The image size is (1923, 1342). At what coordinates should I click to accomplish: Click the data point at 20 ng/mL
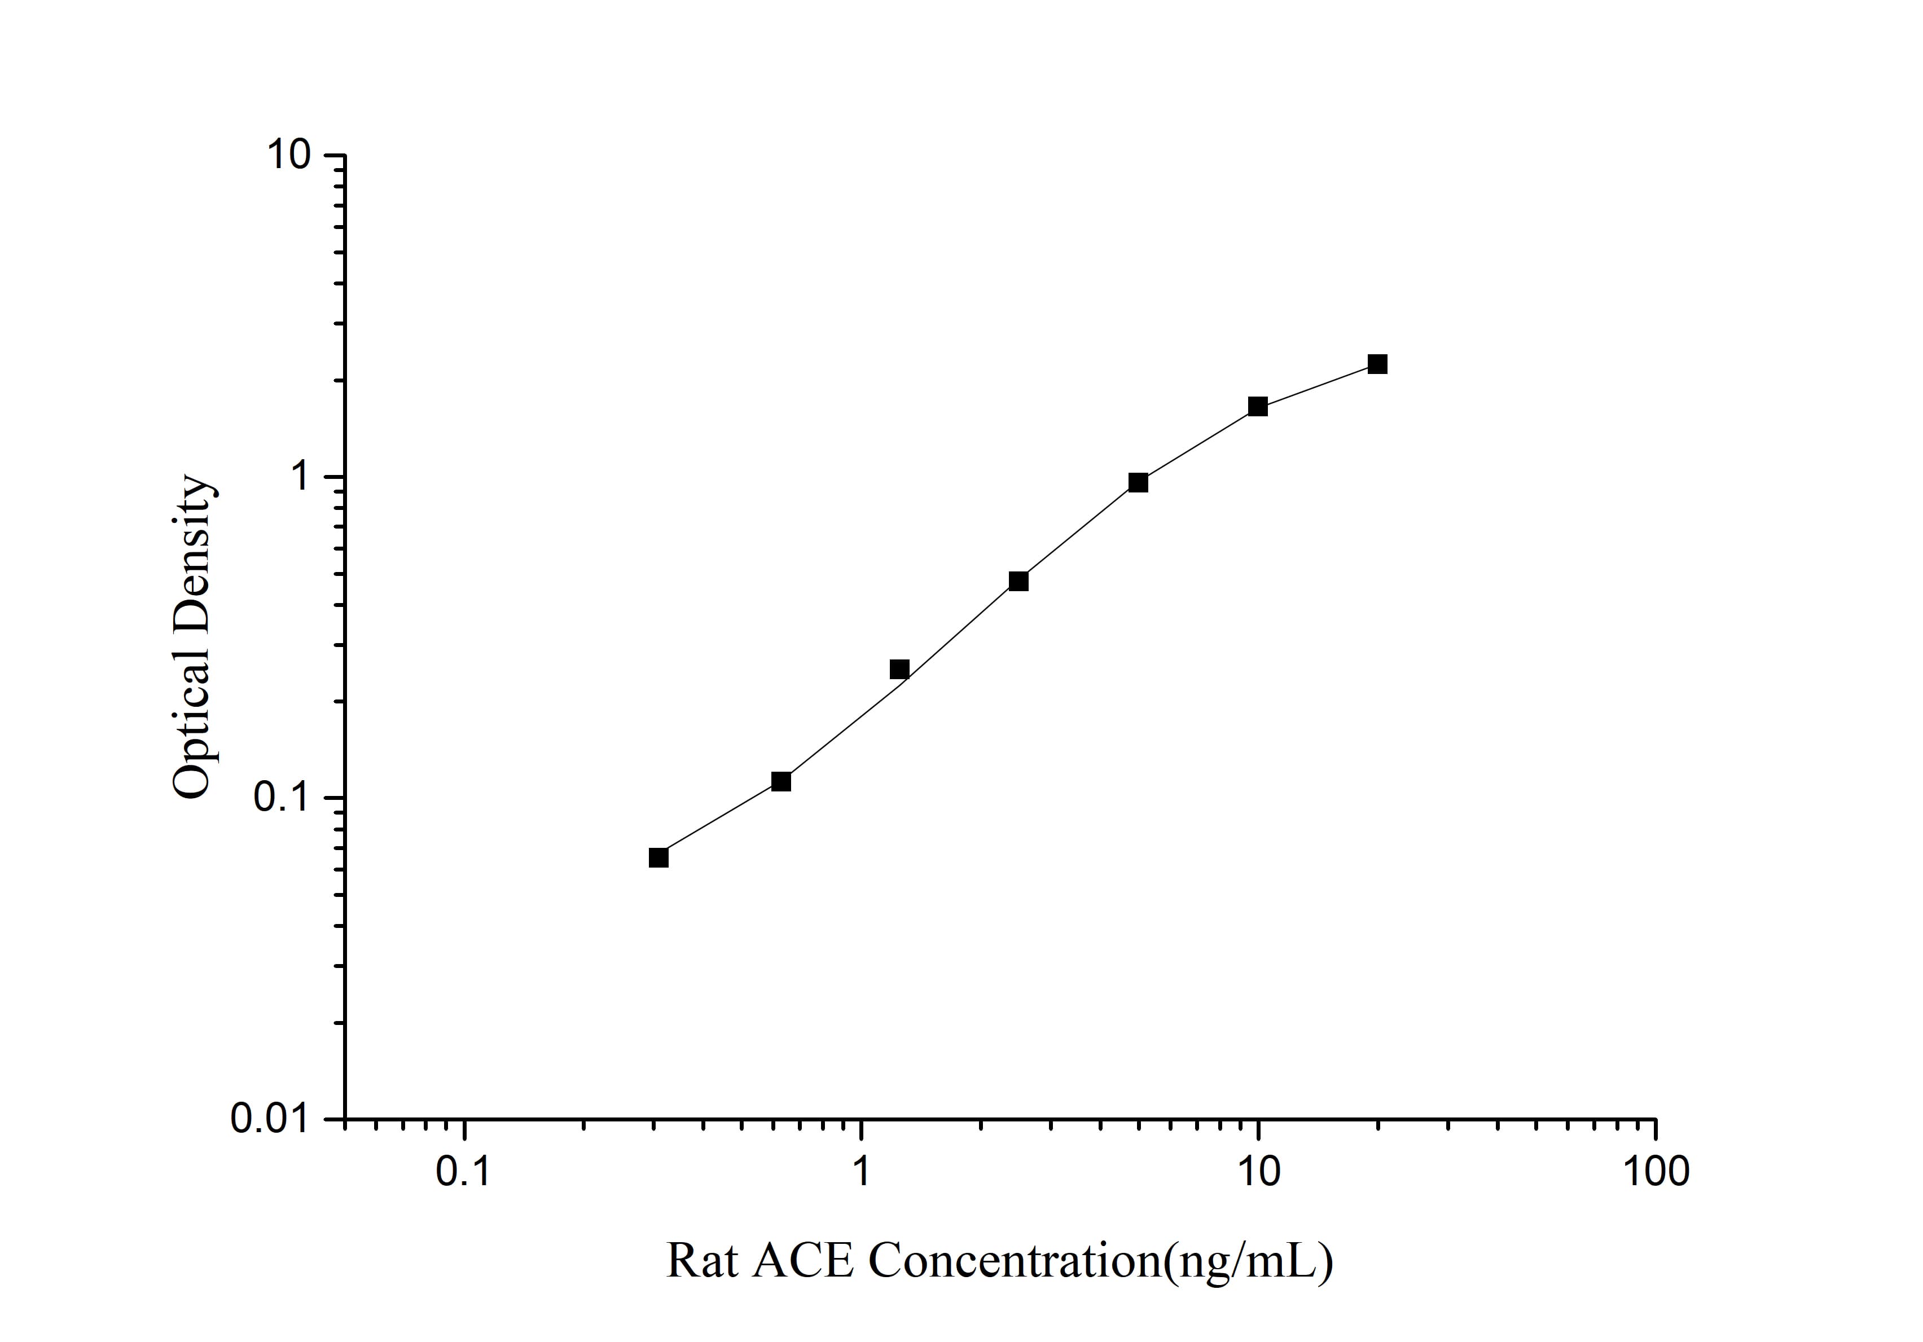pyautogui.click(x=1377, y=364)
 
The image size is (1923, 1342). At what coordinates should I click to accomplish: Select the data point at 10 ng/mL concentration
pyautogui.click(x=1257, y=407)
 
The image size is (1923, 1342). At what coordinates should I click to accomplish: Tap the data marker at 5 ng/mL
pyautogui.click(x=1138, y=482)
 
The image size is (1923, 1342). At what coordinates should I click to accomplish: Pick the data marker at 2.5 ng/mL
pyautogui.click(x=1018, y=581)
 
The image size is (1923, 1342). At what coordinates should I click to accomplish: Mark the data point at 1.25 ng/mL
pyautogui.click(x=899, y=669)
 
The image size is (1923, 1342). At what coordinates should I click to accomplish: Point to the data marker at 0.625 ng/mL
pyautogui.click(x=780, y=781)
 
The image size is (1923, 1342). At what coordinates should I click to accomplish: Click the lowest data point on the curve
pyautogui.click(x=658, y=857)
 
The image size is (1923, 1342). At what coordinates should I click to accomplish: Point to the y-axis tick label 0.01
pyautogui.click(x=275, y=1119)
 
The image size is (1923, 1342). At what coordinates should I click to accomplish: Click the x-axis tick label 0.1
pyautogui.click(x=463, y=1172)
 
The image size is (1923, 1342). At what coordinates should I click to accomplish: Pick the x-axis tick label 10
pyautogui.click(x=1258, y=1172)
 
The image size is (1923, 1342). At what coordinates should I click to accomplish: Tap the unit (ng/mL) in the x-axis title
pyautogui.click(x=1248, y=1261)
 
